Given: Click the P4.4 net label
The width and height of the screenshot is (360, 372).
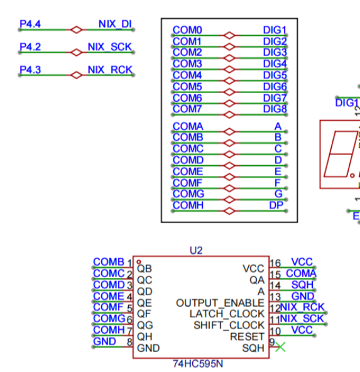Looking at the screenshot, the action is [x=30, y=24].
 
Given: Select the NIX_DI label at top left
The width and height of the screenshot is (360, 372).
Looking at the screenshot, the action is [x=115, y=25].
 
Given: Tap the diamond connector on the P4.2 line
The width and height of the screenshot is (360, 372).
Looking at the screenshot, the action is [x=77, y=52].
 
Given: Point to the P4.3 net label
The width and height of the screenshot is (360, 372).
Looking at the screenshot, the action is [x=30, y=70].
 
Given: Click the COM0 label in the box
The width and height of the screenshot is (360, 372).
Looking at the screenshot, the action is [x=187, y=30].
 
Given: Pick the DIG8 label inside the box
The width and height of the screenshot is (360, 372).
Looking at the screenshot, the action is [x=275, y=109].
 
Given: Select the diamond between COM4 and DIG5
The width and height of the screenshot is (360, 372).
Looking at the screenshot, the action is [x=229, y=81].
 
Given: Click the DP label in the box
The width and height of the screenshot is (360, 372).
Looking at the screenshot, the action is [x=276, y=205].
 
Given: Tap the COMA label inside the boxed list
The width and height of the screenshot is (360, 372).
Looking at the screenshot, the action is [x=188, y=126].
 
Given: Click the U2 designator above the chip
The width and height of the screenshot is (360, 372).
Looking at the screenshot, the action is [x=196, y=251].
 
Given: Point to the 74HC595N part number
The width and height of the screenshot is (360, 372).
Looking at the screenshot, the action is [x=198, y=364].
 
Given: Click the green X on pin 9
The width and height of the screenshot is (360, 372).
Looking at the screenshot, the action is [x=281, y=347].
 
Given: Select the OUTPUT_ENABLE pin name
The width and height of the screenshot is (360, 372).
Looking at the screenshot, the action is [x=220, y=303].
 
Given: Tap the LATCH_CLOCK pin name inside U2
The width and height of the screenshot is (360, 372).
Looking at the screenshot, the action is [x=227, y=314].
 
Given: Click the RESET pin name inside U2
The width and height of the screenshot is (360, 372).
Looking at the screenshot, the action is [x=247, y=337].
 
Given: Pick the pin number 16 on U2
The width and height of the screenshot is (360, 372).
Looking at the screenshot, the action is [x=275, y=263].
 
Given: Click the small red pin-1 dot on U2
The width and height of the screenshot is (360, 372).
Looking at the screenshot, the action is [x=139, y=262].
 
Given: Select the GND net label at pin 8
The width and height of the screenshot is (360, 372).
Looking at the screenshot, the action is [x=104, y=341].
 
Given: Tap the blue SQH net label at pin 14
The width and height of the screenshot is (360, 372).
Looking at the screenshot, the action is [x=302, y=285].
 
